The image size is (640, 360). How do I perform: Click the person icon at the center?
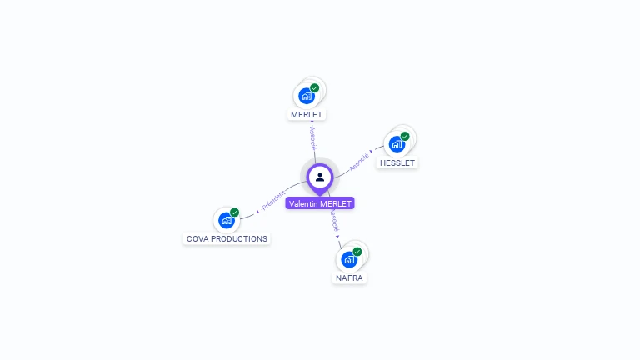pos(320,177)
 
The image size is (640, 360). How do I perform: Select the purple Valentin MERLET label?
pos(320,203)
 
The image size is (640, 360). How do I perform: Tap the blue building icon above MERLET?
pos(307,96)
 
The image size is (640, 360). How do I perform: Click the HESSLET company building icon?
pos(397,144)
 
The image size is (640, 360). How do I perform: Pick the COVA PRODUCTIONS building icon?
pos(226,220)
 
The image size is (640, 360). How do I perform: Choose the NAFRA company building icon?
pos(349,259)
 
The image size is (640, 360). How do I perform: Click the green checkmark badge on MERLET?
pos(315,87)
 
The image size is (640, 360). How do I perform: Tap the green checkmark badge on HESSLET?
pos(405,136)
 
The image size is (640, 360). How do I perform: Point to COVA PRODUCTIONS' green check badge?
pos(234,212)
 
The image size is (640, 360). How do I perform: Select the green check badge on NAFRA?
pos(357,251)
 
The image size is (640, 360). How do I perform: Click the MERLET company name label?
pos(307,114)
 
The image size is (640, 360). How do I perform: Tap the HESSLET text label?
pos(397,163)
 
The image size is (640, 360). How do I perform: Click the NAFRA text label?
pos(349,278)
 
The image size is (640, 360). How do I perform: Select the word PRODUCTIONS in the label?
pos(239,239)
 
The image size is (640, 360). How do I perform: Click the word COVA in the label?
pos(197,239)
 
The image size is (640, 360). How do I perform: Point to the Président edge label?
pos(272,201)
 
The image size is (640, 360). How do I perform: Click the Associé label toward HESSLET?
pos(359,161)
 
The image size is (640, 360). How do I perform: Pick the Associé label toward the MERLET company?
pos(312,137)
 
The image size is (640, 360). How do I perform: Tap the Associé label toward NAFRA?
pos(333,221)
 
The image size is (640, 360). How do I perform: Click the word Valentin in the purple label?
pos(303,203)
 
